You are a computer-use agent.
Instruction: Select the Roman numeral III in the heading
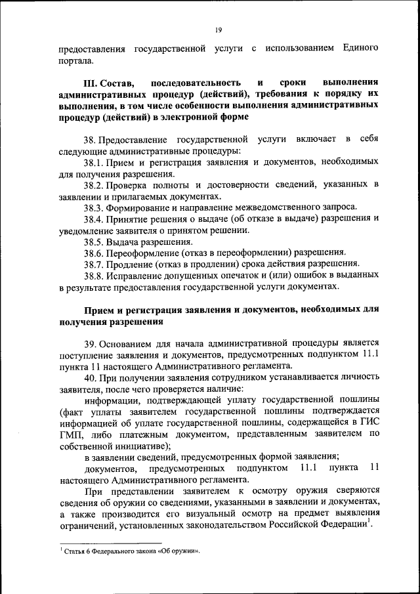point(91,83)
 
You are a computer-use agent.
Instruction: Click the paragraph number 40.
point(91,379)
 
